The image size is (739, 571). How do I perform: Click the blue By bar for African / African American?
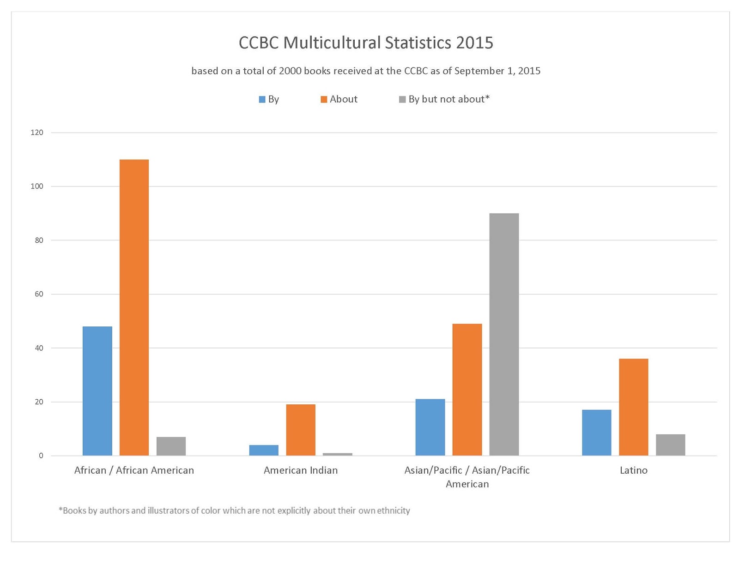(97, 391)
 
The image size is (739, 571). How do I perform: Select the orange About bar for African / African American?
(134, 307)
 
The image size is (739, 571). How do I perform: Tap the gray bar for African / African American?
(171, 446)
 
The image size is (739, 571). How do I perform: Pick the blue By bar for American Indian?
(264, 450)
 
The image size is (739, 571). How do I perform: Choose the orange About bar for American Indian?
(301, 430)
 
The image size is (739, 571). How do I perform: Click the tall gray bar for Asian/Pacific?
(504, 335)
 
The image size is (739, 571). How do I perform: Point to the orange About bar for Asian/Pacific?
(467, 390)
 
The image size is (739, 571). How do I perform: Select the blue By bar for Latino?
(596, 433)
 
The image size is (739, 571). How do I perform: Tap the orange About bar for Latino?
(634, 407)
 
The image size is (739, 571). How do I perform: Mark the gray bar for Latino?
(671, 445)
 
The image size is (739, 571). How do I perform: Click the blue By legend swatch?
(262, 99)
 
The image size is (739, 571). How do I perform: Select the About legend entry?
(339, 99)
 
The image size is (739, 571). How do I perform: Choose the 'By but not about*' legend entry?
(444, 99)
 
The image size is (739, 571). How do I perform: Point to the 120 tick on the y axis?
(37, 132)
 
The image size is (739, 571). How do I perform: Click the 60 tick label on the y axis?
(39, 294)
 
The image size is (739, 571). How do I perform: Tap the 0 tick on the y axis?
(41, 456)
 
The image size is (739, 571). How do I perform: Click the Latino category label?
(634, 470)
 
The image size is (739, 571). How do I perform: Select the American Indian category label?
(301, 470)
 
